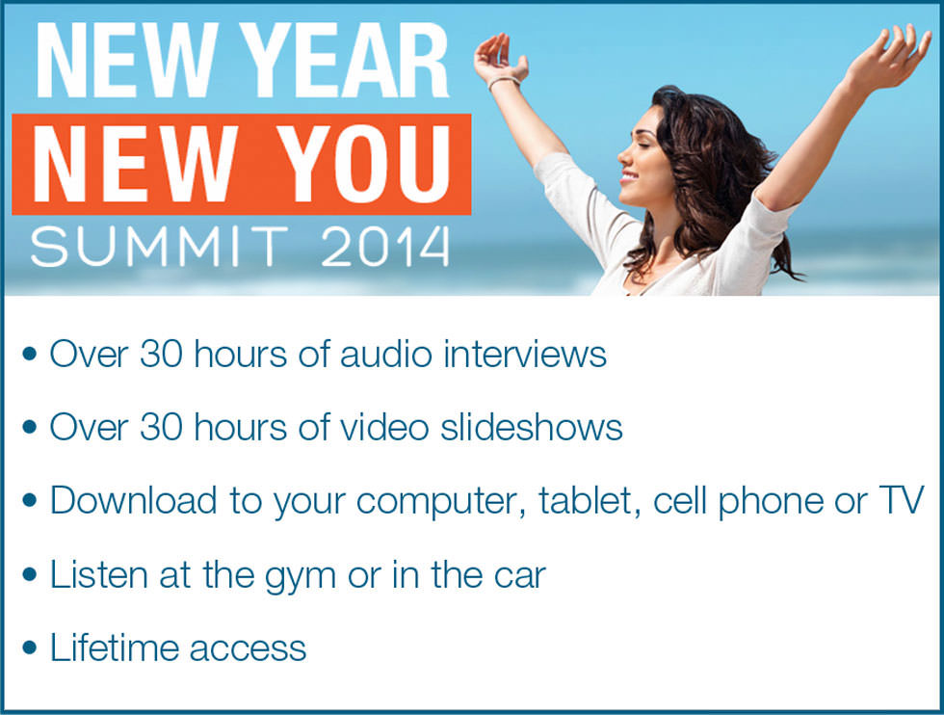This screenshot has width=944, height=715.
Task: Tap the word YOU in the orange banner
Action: click(x=364, y=164)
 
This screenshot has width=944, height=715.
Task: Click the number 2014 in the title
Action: click(x=385, y=247)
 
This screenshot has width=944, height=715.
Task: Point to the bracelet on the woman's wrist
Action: click(x=503, y=81)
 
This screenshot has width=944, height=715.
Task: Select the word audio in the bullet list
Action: click(x=386, y=354)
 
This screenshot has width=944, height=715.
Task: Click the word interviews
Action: click(x=525, y=354)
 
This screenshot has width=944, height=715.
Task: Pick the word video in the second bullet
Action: click(x=384, y=427)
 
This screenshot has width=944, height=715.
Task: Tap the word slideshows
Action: click(x=531, y=427)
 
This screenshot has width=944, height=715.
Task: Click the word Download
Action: click(x=133, y=500)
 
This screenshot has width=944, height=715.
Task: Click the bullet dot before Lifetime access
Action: click(x=29, y=649)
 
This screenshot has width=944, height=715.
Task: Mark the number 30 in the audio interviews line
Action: click(x=162, y=354)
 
